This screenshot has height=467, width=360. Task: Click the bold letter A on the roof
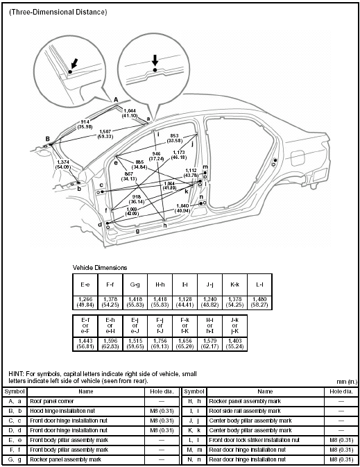[x=116, y=99]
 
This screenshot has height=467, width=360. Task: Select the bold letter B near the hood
[x=47, y=139]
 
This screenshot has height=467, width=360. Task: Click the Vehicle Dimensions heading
[x=100, y=267]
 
